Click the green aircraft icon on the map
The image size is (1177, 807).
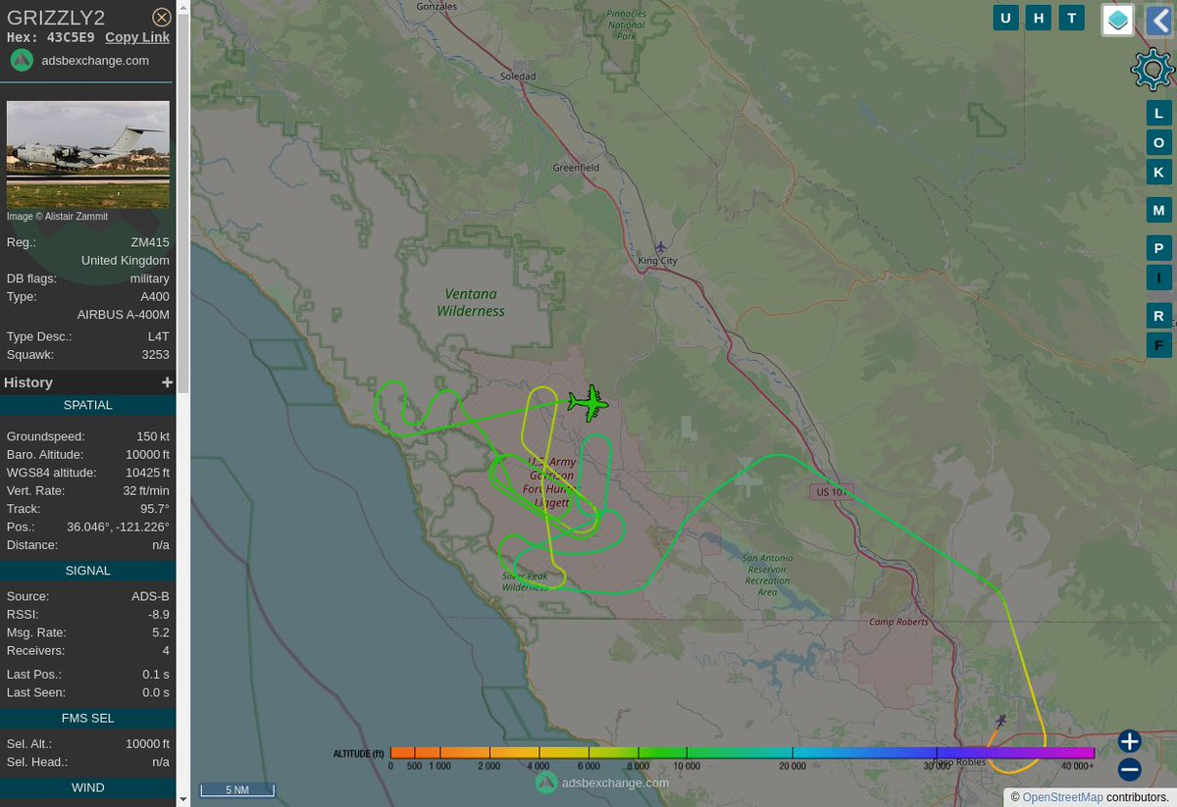[x=588, y=402]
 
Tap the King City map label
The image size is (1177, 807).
[x=657, y=261]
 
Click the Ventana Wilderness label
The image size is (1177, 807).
[x=471, y=302]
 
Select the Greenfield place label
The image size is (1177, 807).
[x=576, y=168]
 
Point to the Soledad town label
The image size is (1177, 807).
[x=518, y=76]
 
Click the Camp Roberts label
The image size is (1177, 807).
[x=898, y=622]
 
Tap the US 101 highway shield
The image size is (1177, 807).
[x=832, y=490]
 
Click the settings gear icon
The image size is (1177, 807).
[x=1151, y=69]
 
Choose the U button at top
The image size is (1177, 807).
[x=1005, y=18]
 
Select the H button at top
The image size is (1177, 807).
[x=1039, y=18]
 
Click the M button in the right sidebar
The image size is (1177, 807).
[x=1158, y=210]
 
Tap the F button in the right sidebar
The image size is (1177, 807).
[x=1158, y=344]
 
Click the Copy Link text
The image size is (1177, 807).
[x=137, y=37]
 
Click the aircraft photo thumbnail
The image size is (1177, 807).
[x=88, y=154]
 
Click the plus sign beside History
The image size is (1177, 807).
[x=167, y=382]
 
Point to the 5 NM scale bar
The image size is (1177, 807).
[x=237, y=789]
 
